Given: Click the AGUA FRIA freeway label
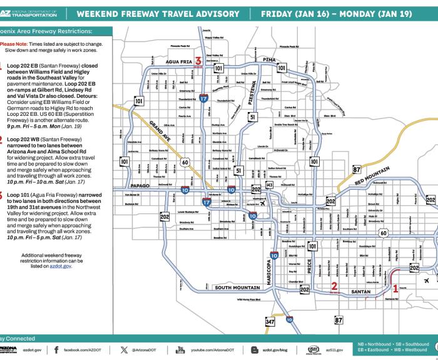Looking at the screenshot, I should [174, 61].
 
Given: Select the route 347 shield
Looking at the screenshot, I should [270, 322].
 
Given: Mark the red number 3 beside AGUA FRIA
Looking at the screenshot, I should [198, 61].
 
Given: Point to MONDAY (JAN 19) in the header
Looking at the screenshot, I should [392, 14].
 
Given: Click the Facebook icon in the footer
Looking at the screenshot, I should [56, 350].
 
